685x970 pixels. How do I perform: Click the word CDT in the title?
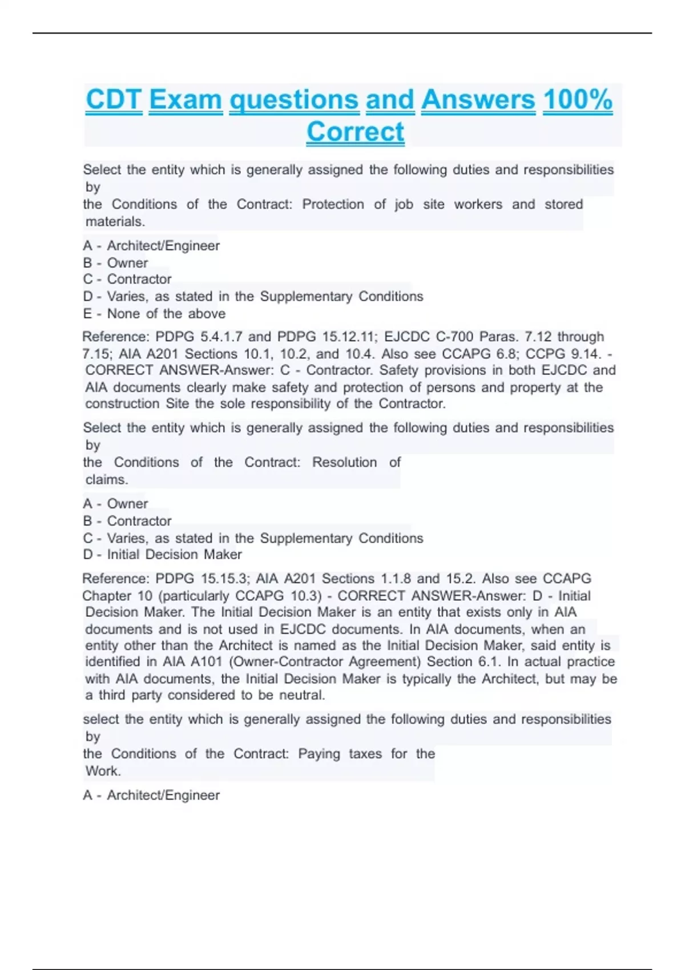[x=114, y=100]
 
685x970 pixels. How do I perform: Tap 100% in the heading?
[x=578, y=100]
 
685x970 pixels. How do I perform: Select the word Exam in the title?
[x=186, y=100]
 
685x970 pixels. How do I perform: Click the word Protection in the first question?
[x=333, y=204]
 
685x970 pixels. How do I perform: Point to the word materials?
[x=115, y=221]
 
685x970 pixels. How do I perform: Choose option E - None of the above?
[x=154, y=313]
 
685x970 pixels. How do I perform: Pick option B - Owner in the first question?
[x=115, y=263]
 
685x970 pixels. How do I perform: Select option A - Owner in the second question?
[x=115, y=504]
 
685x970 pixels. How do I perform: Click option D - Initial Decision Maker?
[x=162, y=554]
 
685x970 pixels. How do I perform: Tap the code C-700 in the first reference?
[x=454, y=337]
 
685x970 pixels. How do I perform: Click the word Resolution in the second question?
[x=344, y=462]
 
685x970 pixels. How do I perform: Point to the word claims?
[x=106, y=479]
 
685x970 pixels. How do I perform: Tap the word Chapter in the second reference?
[x=107, y=596]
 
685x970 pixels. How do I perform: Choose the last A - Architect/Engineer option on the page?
[x=151, y=795]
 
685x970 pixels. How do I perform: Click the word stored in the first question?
[x=563, y=204]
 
